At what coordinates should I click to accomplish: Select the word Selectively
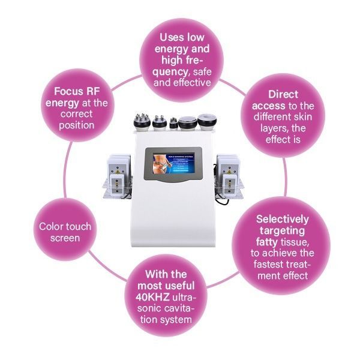pos(282,219)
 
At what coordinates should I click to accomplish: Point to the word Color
pos(50,226)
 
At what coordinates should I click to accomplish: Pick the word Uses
pos(171,37)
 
